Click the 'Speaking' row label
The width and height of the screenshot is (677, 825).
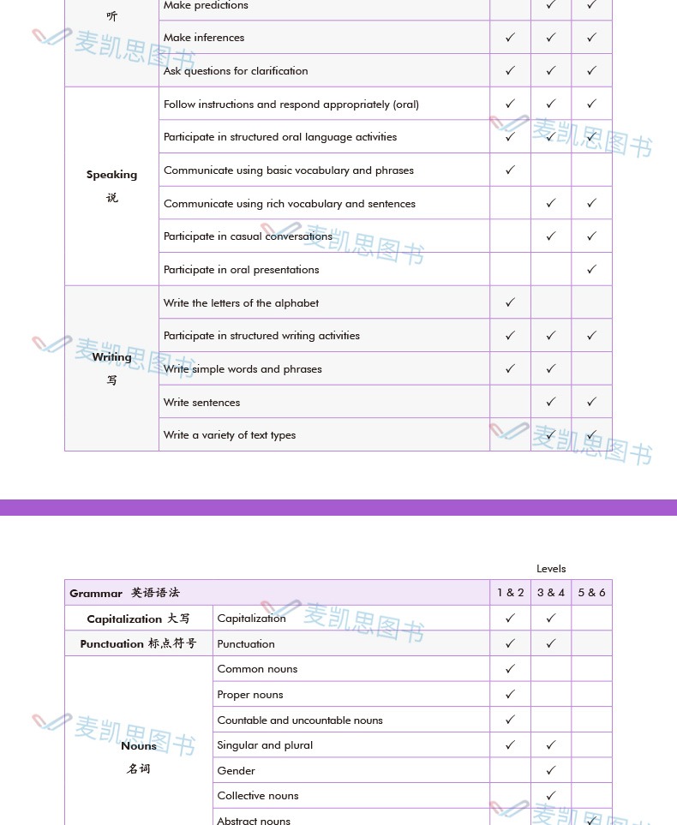[x=111, y=175]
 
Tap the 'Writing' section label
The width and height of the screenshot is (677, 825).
[x=111, y=357]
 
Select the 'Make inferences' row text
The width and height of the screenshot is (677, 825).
[x=204, y=38]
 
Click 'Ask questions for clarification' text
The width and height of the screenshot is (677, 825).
[x=236, y=71]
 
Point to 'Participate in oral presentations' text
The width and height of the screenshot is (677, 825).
[x=242, y=270]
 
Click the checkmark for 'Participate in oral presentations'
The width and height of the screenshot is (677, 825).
[x=591, y=269]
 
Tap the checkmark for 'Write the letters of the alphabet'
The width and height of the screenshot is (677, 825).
[x=510, y=302]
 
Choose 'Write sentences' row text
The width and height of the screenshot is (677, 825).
[x=202, y=403]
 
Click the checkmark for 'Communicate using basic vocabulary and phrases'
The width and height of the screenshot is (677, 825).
[x=510, y=170]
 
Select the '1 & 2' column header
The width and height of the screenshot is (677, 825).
[x=510, y=593]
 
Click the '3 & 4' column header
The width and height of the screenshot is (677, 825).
[x=551, y=593]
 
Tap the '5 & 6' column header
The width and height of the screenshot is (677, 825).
[x=591, y=593]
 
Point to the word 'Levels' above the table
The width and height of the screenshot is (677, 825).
[x=551, y=569]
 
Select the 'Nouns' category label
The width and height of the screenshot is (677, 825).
[x=139, y=746]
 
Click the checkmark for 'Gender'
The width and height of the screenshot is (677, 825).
[x=551, y=770]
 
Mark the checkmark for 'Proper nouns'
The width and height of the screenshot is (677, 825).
[x=510, y=695]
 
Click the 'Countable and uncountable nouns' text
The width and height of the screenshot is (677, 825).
[x=300, y=720]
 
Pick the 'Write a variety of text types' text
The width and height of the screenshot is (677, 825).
[x=230, y=435]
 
